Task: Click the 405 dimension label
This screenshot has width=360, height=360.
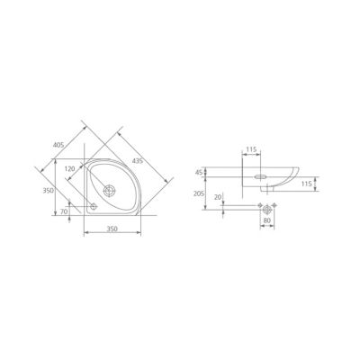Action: tap(58, 145)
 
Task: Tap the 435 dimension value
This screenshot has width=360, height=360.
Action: tap(138, 161)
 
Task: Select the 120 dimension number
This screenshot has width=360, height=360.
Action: tap(69, 169)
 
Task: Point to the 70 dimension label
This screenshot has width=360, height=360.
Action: tap(64, 211)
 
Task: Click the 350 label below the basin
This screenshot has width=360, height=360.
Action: tap(112, 229)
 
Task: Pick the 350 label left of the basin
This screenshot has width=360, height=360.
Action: tap(48, 190)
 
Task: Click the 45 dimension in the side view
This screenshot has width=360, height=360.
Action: tap(199, 172)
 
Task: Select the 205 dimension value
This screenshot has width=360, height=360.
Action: tap(199, 193)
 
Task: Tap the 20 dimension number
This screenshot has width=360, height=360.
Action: tap(218, 197)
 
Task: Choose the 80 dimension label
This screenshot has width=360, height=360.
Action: tap(267, 220)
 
